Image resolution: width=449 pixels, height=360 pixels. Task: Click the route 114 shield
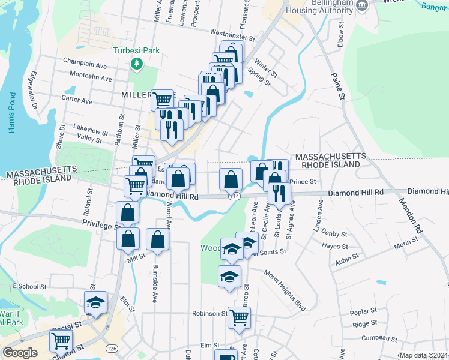(x=234, y=196)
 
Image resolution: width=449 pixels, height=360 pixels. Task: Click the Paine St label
(x=339, y=85)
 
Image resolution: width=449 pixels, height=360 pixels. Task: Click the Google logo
(x=20, y=353)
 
